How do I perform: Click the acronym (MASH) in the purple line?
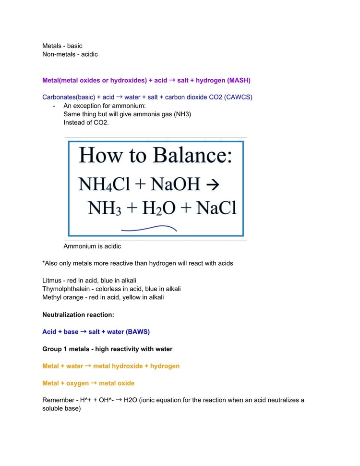(x=239, y=80)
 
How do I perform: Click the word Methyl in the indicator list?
(x=52, y=297)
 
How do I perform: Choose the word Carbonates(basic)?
(x=69, y=97)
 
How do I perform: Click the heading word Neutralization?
(x=63, y=315)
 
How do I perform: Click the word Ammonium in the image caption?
(x=79, y=246)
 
